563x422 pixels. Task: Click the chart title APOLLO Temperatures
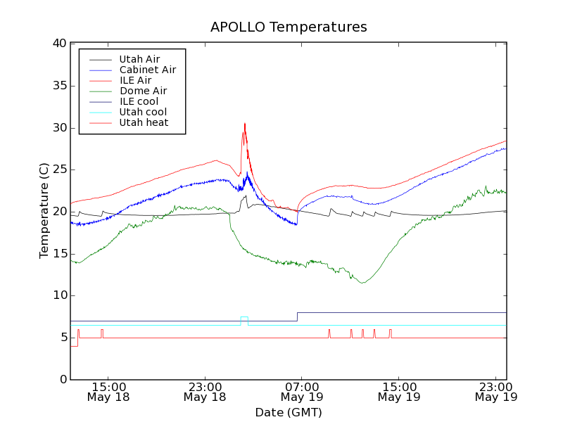[289, 27]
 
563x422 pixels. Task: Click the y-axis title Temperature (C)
[44, 211]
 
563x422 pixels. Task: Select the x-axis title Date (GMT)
[289, 412]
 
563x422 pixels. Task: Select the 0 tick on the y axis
[63, 380]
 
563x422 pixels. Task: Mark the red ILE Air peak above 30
[244, 124]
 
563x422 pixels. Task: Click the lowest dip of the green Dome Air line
[362, 283]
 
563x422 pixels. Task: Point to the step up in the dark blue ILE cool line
[297, 316]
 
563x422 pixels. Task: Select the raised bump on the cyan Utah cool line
[244, 317]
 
